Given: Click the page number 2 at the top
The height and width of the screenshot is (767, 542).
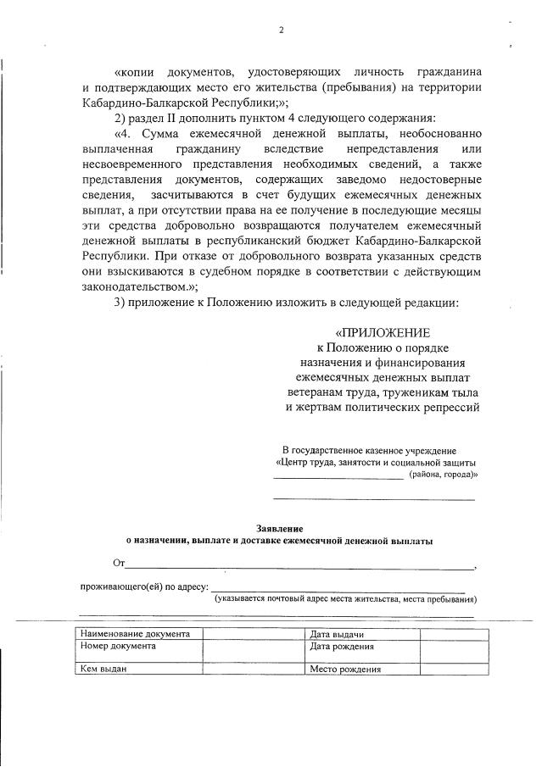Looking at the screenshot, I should tap(280, 31).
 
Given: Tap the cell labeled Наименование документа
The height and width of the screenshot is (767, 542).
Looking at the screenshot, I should tap(134, 634).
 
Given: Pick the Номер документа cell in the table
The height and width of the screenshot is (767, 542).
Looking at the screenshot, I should tap(118, 646).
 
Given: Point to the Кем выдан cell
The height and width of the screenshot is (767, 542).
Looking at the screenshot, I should tap(103, 669).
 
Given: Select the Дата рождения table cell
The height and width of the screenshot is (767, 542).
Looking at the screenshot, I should tap(342, 646).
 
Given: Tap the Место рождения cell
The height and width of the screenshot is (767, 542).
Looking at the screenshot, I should tap(344, 669).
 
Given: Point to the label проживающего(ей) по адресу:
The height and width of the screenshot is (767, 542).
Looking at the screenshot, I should tap(144, 587).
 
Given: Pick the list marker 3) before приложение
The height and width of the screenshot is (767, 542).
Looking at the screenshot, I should tap(120, 303).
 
